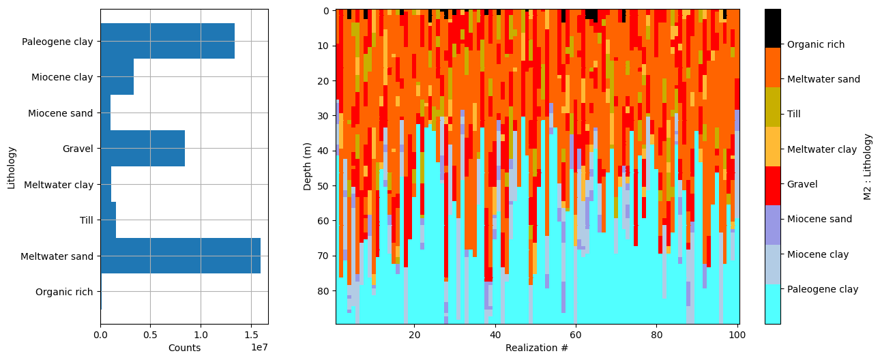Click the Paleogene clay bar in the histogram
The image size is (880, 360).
[167, 41]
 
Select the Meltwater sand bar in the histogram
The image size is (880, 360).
[180, 256]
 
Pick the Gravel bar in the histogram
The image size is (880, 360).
[143, 149]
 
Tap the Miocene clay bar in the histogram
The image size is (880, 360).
[117, 77]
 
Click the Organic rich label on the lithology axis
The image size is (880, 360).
[64, 292]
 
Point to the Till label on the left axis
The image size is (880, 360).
[86, 220]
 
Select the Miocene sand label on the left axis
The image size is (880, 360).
[60, 113]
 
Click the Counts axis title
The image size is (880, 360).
[184, 348]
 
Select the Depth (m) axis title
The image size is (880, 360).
[308, 166]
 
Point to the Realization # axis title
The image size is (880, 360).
[537, 348]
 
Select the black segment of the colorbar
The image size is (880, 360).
[773, 28]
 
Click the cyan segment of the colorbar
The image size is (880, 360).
[773, 304]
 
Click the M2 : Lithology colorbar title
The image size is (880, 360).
[868, 166]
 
